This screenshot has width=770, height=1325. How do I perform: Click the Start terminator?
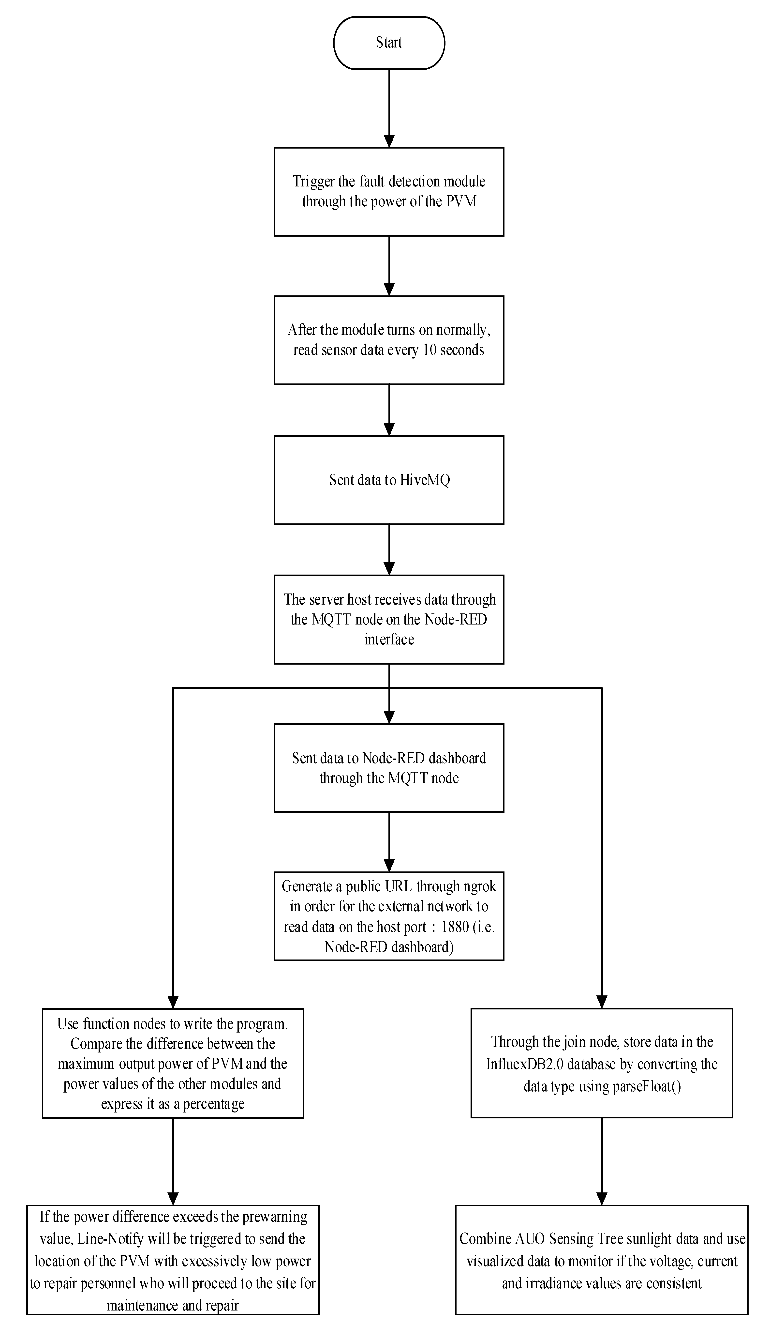point(389,43)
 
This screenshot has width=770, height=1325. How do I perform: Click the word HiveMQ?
point(425,480)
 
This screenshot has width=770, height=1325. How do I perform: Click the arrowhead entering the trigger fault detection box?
point(389,141)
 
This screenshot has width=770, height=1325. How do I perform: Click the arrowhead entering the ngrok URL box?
point(389,866)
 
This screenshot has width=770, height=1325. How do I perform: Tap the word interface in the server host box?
point(389,639)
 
